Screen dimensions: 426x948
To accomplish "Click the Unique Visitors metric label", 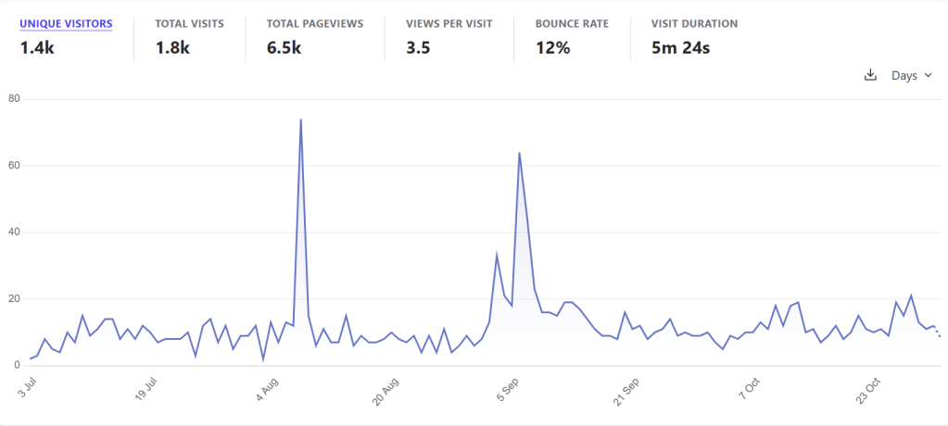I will pyautogui.click(x=66, y=23).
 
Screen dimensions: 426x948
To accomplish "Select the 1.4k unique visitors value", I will pyautogui.click(x=38, y=47).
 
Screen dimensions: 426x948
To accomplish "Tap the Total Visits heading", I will pyautogui.click(x=189, y=23).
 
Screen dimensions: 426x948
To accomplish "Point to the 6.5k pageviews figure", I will pyautogui.click(x=284, y=47).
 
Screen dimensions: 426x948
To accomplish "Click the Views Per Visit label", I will pyautogui.click(x=449, y=23).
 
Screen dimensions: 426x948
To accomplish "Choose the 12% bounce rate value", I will pyautogui.click(x=552, y=47).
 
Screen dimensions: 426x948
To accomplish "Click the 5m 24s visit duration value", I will pyautogui.click(x=681, y=47).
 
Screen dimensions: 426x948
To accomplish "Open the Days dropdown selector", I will pyautogui.click(x=911, y=75).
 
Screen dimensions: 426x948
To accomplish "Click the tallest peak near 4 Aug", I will pyautogui.click(x=301, y=119).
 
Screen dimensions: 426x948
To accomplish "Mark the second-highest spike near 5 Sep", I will pyautogui.click(x=519, y=153).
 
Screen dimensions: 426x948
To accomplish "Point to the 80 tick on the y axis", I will pyautogui.click(x=14, y=99).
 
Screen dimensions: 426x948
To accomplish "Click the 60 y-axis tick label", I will pyautogui.click(x=14, y=166).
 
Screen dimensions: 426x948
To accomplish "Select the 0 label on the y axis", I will pyautogui.click(x=17, y=366).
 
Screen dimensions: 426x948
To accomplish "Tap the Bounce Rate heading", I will pyautogui.click(x=572, y=23).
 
